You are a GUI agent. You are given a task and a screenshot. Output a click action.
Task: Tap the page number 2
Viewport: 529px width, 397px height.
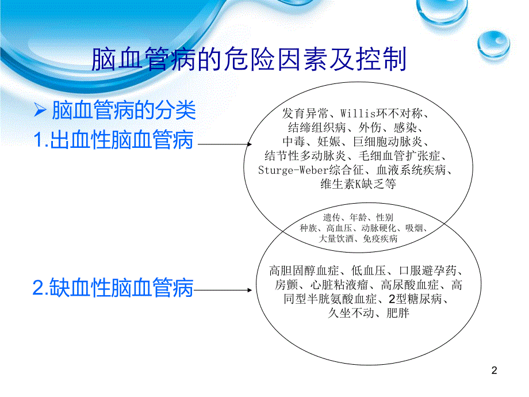[x=495, y=372]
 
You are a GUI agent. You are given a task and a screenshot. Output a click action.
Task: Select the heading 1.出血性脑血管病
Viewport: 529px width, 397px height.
[x=113, y=140]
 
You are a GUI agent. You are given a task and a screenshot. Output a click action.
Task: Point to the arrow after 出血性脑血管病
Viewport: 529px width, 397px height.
[x=224, y=144]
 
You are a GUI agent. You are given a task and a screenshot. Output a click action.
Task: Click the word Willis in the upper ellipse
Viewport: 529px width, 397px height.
[x=358, y=112]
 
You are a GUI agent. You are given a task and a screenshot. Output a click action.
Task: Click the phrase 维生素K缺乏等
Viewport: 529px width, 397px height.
[x=358, y=185]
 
